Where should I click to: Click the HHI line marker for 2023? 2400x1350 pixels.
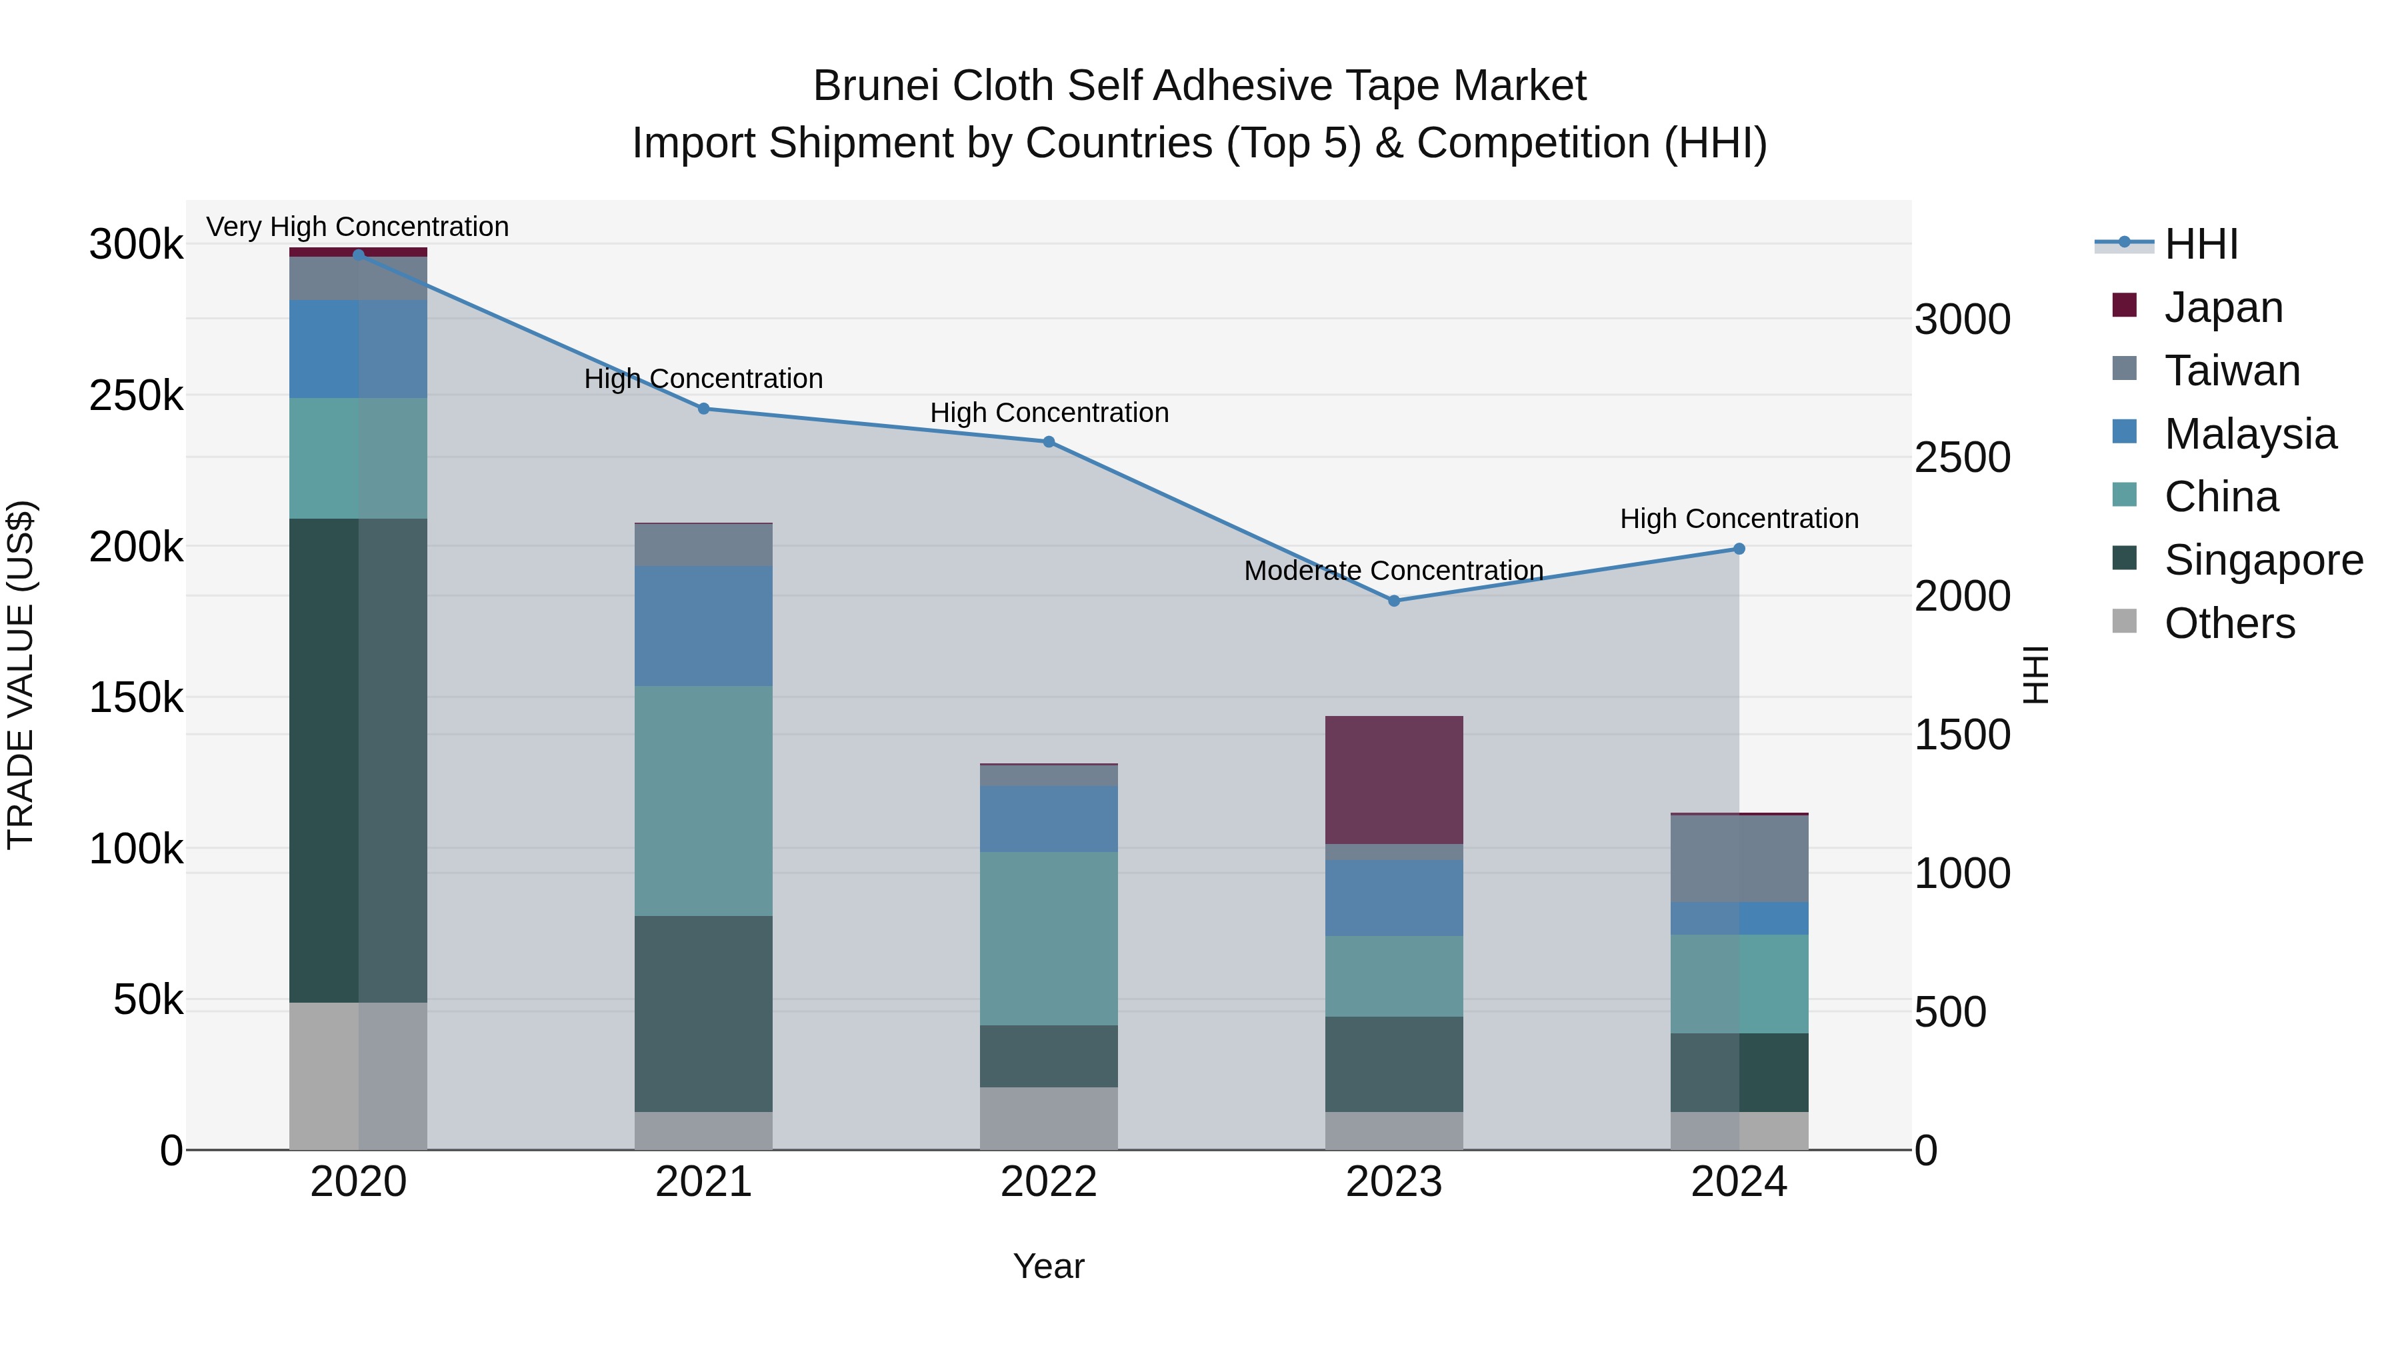1394,601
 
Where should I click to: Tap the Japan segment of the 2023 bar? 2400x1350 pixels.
1394,780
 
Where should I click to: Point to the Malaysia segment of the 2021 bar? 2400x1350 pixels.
703,626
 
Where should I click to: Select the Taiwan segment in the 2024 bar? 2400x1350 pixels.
1739,858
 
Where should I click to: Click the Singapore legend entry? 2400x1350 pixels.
2263,560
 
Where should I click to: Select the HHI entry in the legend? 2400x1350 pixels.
2201,244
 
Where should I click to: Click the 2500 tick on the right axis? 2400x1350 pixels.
1962,457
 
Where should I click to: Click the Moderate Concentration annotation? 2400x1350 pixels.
1394,570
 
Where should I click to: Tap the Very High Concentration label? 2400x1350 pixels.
358,227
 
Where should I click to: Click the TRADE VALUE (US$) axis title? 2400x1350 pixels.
21,675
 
